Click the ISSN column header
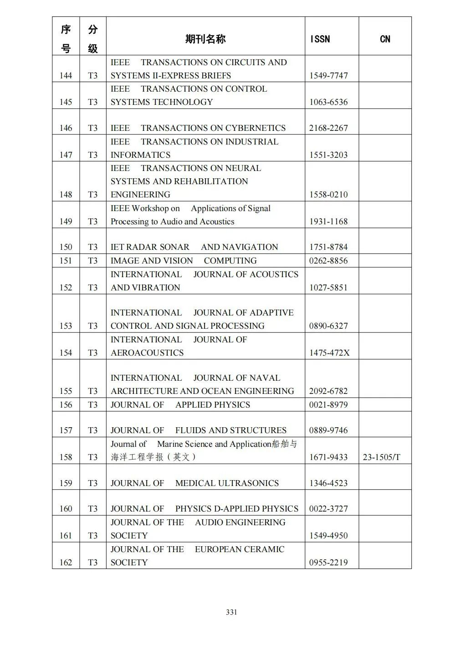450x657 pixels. click(320, 39)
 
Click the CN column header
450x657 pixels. click(385, 39)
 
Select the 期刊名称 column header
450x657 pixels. click(205, 39)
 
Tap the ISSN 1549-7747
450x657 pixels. click(328, 76)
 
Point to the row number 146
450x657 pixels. click(66, 128)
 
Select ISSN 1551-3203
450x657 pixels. click(328, 155)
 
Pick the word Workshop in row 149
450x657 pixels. click(150, 208)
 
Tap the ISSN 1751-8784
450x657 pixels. click(328, 247)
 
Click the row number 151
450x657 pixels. click(66, 261)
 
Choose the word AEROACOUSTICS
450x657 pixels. click(147, 353)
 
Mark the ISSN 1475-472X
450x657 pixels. click(329, 353)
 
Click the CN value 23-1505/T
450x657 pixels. click(381, 457)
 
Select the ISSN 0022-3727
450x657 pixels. click(328, 509)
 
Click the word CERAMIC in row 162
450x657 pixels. click(265, 549)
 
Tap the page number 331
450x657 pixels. click(231, 612)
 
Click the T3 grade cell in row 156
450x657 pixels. click(92, 405)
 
